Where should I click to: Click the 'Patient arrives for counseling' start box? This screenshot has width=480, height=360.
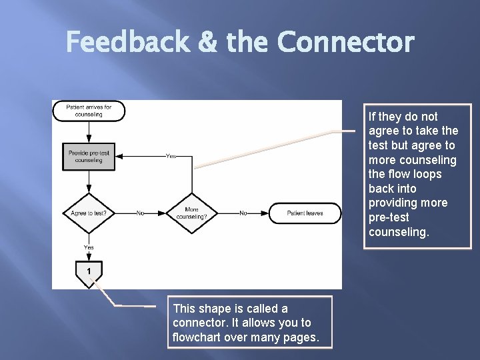pyautogui.click(x=89, y=111)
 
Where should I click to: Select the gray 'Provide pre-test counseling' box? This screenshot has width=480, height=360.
pyautogui.click(x=89, y=157)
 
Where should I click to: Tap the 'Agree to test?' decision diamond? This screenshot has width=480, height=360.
pyautogui.click(x=89, y=213)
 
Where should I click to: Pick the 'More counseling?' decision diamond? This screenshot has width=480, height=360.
pyautogui.click(x=191, y=213)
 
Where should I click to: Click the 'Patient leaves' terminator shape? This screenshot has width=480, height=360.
pyautogui.click(x=305, y=213)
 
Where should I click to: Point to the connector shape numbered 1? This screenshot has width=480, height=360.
pyautogui.click(x=89, y=271)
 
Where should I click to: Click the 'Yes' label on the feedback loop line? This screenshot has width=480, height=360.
pyautogui.click(x=171, y=157)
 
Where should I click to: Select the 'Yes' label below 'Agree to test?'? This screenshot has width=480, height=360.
pyautogui.click(x=89, y=247)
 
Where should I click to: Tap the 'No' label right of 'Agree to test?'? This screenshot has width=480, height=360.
pyautogui.click(x=140, y=213)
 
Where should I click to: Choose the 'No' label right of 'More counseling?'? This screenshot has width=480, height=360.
pyautogui.click(x=243, y=213)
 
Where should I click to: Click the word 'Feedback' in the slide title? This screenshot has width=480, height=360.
pyautogui.click(x=127, y=43)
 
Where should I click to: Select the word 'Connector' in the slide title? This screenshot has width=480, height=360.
pyautogui.click(x=345, y=43)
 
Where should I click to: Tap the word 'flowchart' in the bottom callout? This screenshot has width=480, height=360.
pyautogui.click(x=198, y=337)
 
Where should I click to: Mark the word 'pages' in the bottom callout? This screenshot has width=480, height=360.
pyautogui.click(x=299, y=337)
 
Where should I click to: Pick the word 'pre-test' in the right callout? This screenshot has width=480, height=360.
pyautogui.click(x=389, y=217)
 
